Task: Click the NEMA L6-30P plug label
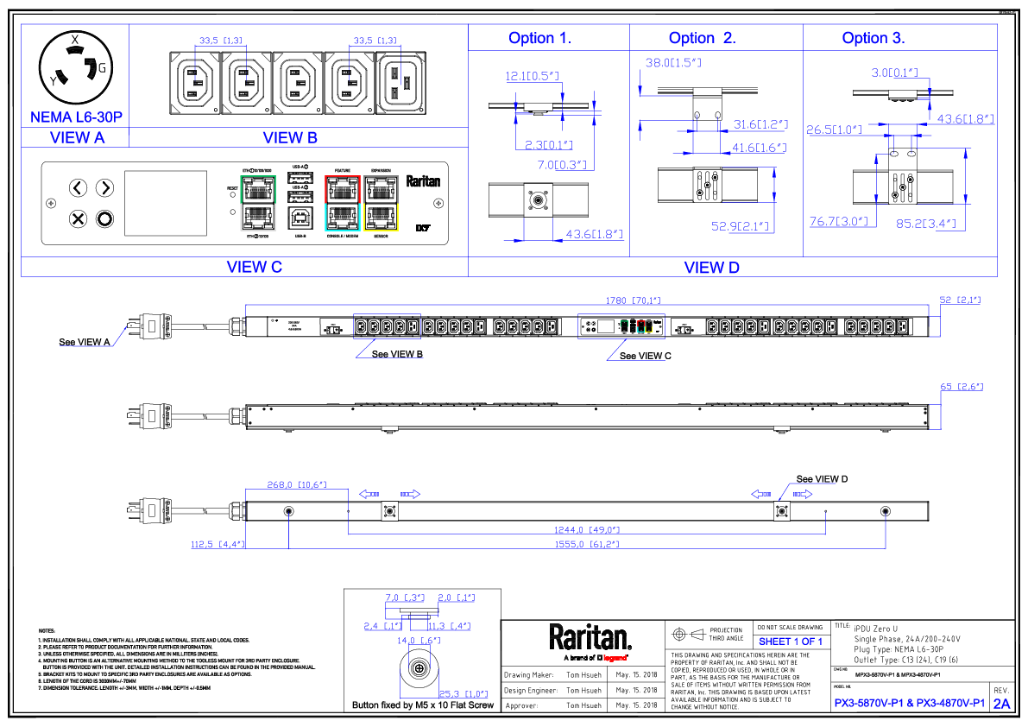75,117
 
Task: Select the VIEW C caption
255,267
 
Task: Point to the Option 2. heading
702,38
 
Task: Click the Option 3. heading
873,38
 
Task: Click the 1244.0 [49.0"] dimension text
587,529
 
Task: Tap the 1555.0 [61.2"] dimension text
587,545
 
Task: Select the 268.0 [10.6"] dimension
296,484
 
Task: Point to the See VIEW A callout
85,342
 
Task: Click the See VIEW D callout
822,479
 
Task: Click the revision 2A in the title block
1001,704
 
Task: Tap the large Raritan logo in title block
590,637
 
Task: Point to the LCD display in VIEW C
167,204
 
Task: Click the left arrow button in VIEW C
78,188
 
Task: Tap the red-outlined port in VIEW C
342,188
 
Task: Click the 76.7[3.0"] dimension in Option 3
837,221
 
